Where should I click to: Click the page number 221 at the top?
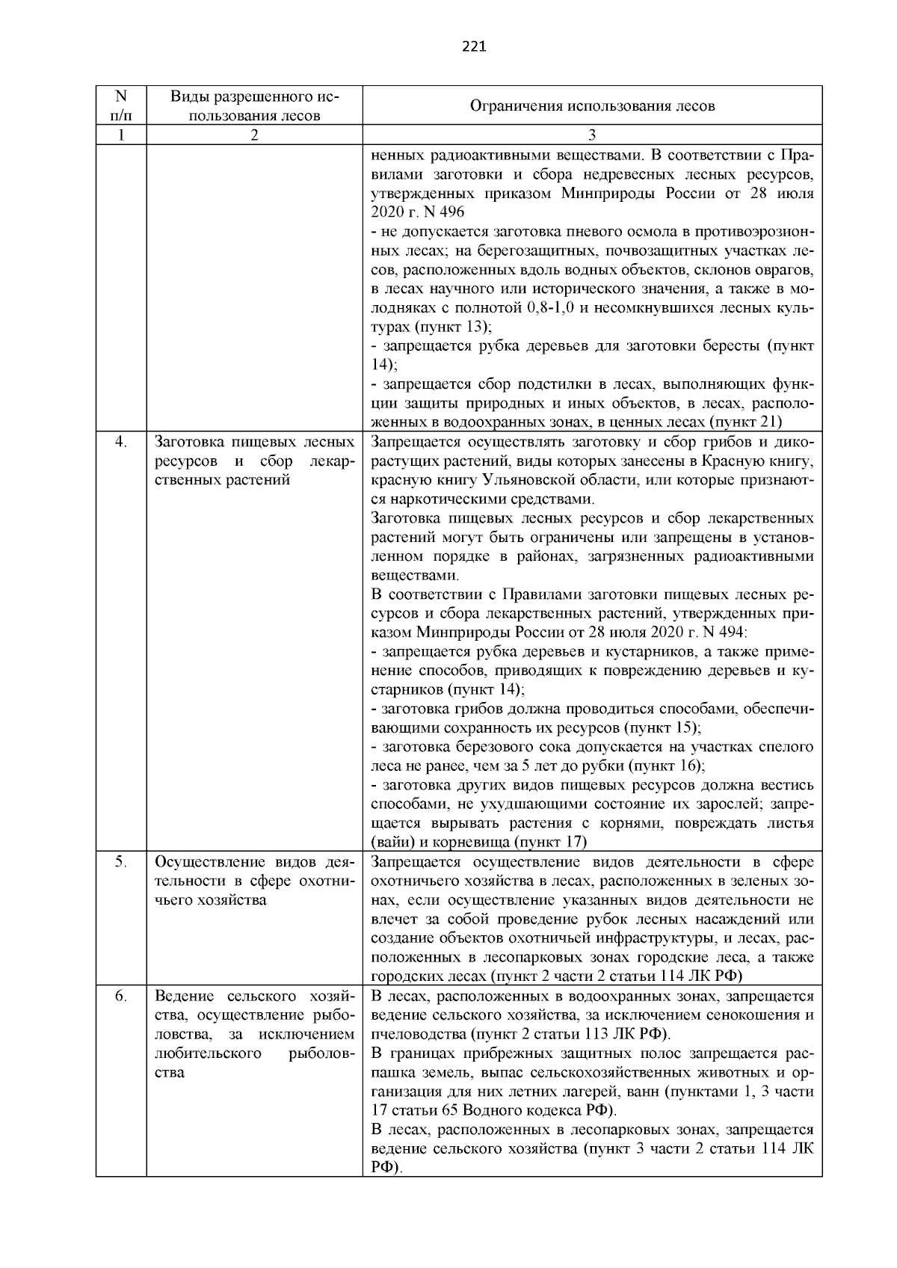pyautogui.click(x=474, y=47)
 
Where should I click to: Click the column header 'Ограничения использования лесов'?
pyautogui.click(x=591, y=105)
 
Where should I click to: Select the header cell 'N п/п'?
pyautogui.click(x=120, y=105)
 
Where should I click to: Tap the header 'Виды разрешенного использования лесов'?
pyautogui.click(x=254, y=105)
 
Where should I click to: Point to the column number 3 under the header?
pyautogui.click(x=591, y=135)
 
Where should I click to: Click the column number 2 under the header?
pyautogui.click(x=254, y=135)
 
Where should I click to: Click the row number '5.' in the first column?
pyautogui.click(x=120, y=861)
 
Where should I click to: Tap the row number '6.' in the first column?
pyautogui.click(x=120, y=997)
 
